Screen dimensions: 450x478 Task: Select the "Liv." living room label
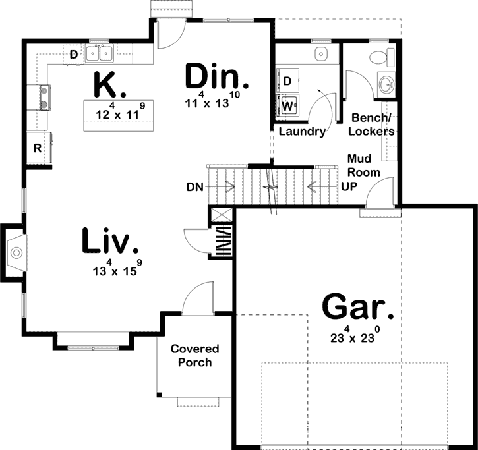point(111,240)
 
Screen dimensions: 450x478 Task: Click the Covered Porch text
point(194,356)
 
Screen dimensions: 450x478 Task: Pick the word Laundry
point(302,132)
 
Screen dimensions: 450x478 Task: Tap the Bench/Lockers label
point(372,125)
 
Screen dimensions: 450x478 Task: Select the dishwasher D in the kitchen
point(73,54)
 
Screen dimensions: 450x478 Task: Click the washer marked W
point(287,105)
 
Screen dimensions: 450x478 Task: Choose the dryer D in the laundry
point(287,81)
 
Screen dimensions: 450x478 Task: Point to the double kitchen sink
point(100,53)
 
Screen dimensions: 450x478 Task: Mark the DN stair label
point(194,186)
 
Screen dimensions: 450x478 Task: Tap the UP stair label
point(349,186)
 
